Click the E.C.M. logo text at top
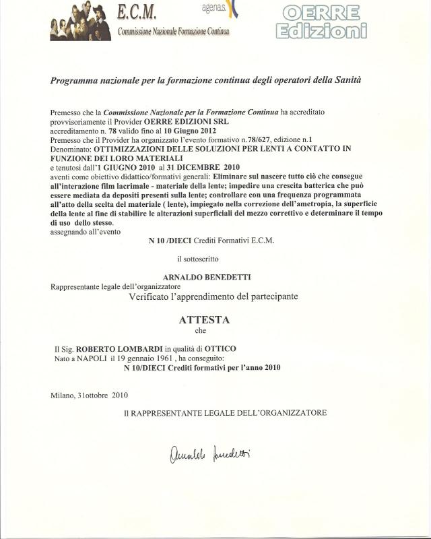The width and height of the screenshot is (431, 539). click(x=137, y=12)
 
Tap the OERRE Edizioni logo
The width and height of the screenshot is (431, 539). click(x=325, y=22)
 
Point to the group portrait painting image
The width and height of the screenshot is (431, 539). click(x=80, y=22)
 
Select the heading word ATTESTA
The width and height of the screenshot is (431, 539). click(x=204, y=320)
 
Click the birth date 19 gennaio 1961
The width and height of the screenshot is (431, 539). click(x=139, y=358)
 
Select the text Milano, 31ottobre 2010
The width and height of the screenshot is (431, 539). click(x=89, y=395)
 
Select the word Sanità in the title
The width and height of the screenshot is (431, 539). click(x=346, y=80)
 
